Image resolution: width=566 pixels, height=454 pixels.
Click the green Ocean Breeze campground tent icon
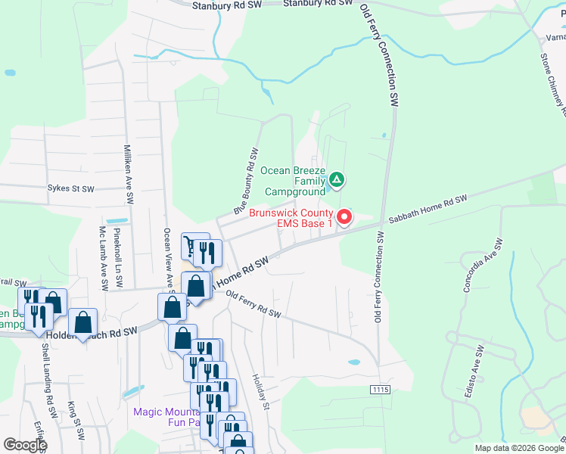tap(337, 180)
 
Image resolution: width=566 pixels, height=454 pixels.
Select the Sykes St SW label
tap(70, 188)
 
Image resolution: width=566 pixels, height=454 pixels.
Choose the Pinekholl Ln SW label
tap(117, 257)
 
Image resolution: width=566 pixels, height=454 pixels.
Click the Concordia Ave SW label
tap(482, 266)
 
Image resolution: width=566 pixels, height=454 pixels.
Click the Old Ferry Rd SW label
tap(253, 305)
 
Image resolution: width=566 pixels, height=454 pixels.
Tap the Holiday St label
tap(260, 392)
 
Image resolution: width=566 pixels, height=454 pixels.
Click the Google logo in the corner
tap(24, 445)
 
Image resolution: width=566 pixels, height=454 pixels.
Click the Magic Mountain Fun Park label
tap(166, 417)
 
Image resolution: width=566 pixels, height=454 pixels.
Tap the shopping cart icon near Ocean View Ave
tap(189, 245)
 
